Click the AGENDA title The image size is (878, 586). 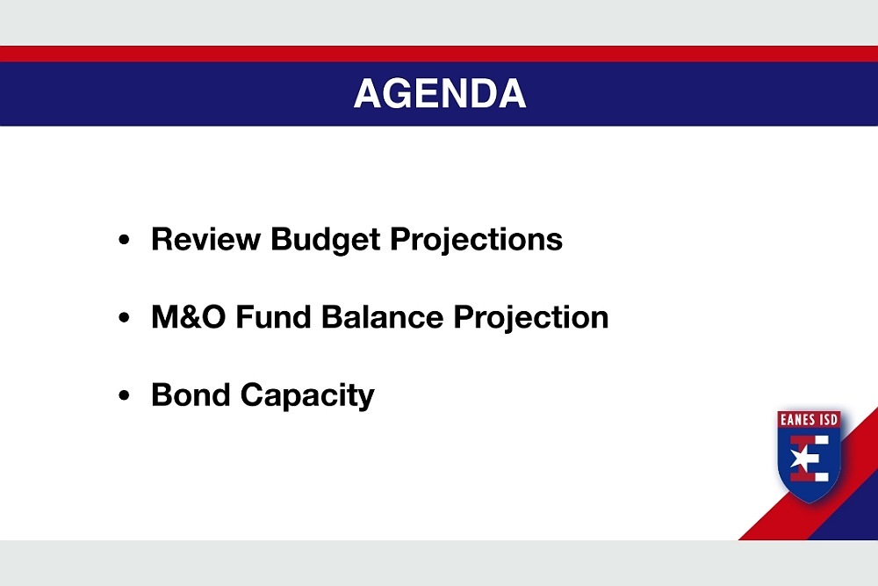click(440, 93)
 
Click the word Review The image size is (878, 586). click(205, 239)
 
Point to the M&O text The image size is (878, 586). click(188, 316)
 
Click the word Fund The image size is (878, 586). click(273, 316)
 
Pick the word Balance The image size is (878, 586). click(383, 316)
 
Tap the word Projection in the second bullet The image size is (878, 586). click(531, 318)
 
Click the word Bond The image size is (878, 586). click(191, 394)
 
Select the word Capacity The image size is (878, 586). click(307, 396)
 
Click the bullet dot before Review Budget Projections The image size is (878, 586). click(124, 240)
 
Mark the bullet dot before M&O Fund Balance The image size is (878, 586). click(124, 318)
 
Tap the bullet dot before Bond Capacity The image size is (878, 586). click(124, 395)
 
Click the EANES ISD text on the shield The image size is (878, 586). click(809, 420)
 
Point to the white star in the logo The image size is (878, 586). click(802, 459)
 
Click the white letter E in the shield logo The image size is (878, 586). click(810, 459)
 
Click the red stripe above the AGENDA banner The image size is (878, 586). click(439, 54)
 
